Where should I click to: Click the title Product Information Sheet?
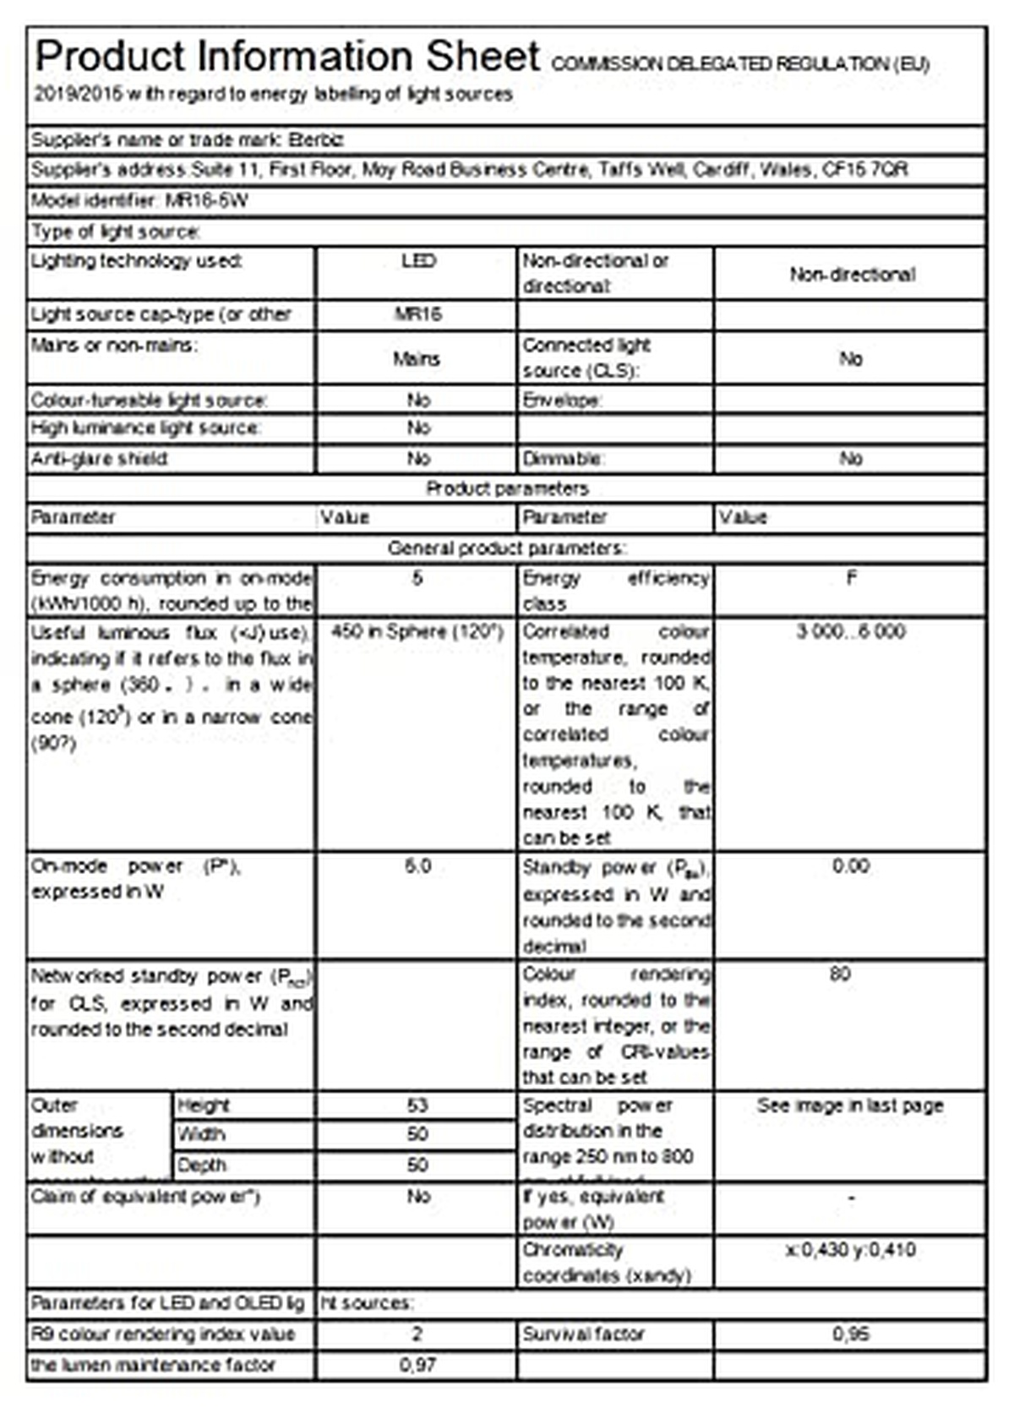[287, 57]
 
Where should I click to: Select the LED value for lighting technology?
[418, 261]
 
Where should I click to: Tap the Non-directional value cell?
[852, 275]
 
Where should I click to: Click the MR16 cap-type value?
[418, 314]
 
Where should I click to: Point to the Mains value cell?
[417, 359]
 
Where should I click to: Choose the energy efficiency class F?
[851, 578]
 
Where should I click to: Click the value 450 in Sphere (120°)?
[417, 632]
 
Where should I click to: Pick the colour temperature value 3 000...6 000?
[850, 632]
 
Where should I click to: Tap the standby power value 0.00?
[850, 866]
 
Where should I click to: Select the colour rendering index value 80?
[840, 974]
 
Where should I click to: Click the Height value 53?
[417, 1105]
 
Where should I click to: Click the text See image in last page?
[850, 1105]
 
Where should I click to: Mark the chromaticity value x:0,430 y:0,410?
[850, 1250]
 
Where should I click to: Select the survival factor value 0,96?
[850, 1334]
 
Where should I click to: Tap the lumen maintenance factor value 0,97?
[417, 1365]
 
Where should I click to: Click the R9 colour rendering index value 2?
[417, 1334]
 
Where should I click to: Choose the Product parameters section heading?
[507, 488]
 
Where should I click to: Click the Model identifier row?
[140, 201]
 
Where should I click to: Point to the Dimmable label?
[562, 459]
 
